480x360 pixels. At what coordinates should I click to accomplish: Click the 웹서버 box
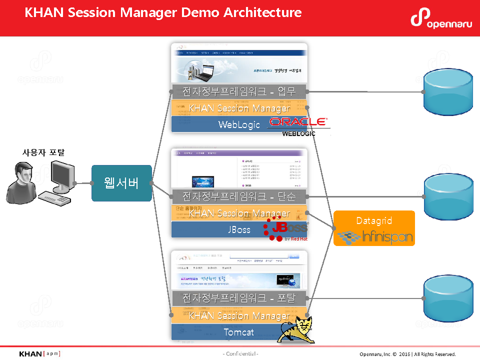[x=121, y=183]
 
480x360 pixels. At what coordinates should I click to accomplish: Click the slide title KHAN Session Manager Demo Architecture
[x=163, y=12]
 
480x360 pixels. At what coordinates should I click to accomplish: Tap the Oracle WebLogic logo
[x=298, y=126]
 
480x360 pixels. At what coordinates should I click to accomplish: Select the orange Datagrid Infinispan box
[x=374, y=228]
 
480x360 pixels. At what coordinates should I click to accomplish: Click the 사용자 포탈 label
[x=43, y=152]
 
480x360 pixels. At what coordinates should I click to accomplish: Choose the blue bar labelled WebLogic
[x=220, y=124]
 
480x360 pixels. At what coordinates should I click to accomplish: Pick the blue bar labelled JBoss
[x=220, y=230]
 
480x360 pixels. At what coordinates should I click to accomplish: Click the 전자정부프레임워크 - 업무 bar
[x=239, y=91]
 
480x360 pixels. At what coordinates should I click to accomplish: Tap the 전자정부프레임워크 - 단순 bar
[x=239, y=196]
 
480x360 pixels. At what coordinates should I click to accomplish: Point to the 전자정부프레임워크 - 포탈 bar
[x=239, y=298]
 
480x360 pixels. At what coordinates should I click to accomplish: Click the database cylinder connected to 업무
[x=447, y=92]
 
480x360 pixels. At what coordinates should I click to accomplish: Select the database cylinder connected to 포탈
[x=447, y=298]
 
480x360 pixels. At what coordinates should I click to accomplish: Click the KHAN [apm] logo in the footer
[x=39, y=354]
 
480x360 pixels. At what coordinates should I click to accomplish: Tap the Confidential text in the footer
[x=240, y=354]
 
